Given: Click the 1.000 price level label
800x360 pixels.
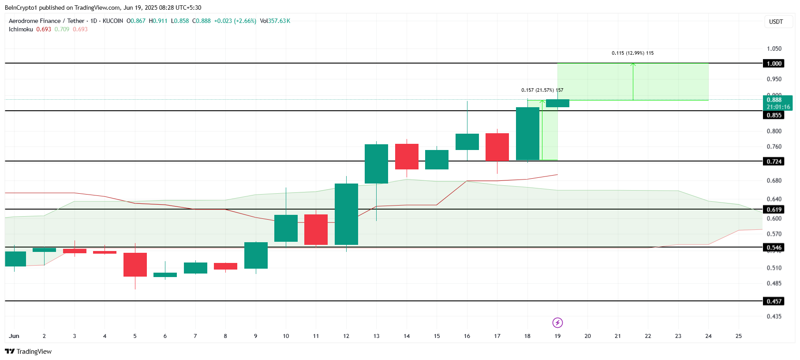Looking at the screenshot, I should (774, 64).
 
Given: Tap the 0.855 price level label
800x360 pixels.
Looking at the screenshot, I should (774, 115).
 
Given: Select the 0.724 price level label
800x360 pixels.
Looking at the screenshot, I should (774, 161).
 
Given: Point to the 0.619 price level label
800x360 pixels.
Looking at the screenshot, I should (774, 210).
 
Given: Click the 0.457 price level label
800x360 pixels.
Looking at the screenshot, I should (774, 301).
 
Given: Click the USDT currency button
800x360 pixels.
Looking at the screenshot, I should (776, 22).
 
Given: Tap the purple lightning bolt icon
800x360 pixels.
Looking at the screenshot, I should (557, 323).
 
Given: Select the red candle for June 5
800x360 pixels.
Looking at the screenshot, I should (135, 265).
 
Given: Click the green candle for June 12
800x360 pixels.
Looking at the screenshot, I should (346, 214).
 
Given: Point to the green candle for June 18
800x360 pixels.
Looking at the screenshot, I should (527, 134).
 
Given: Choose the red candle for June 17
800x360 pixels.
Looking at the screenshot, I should (497, 147).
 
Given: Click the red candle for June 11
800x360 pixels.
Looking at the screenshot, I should (316, 229).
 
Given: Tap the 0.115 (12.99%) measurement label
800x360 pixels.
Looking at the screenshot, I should (632, 53).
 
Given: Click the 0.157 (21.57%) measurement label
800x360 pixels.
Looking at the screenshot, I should (542, 90).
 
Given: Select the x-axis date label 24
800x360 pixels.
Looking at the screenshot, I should (708, 336).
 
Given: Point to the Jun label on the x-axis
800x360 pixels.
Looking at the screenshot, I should (14, 336).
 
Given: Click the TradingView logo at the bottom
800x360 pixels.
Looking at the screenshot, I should (28, 352).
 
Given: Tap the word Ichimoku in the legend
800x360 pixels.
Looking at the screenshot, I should (21, 29).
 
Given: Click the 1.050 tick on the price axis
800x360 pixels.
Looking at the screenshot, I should (774, 49).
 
